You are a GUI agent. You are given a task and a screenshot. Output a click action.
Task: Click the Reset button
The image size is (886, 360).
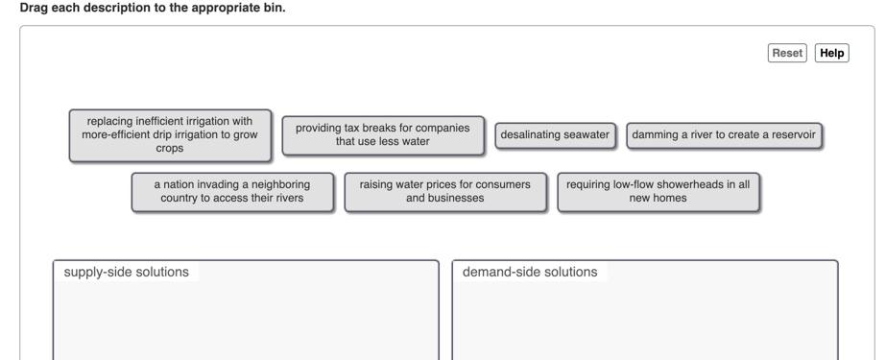tap(787, 54)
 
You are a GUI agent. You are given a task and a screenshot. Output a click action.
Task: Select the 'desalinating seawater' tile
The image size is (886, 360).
tap(555, 135)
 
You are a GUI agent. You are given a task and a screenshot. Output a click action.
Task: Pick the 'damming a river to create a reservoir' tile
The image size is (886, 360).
tap(725, 135)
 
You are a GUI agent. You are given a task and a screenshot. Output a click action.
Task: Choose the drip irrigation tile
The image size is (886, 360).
tap(170, 135)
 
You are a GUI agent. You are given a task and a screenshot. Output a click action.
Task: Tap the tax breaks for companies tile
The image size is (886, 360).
tap(382, 135)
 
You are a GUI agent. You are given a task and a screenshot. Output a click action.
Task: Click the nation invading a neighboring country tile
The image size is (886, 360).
tap(232, 191)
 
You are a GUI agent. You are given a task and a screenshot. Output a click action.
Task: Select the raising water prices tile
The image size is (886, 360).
tap(443, 191)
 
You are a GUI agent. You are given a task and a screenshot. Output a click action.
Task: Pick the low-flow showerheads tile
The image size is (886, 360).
tap(658, 191)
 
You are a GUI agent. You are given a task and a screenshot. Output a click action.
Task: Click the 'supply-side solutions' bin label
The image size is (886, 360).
tap(126, 272)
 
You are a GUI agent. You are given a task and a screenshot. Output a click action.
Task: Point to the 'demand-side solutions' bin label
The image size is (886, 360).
tap(529, 272)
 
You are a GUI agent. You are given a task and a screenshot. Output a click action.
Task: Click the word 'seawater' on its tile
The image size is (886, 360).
tap(587, 135)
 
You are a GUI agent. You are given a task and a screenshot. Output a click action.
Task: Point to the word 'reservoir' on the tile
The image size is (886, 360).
tap(790, 135)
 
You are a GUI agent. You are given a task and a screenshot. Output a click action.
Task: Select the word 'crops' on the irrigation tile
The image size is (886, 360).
tap(169, 149)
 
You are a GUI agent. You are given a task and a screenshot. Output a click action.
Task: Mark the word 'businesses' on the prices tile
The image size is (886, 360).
tap(457, 199)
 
